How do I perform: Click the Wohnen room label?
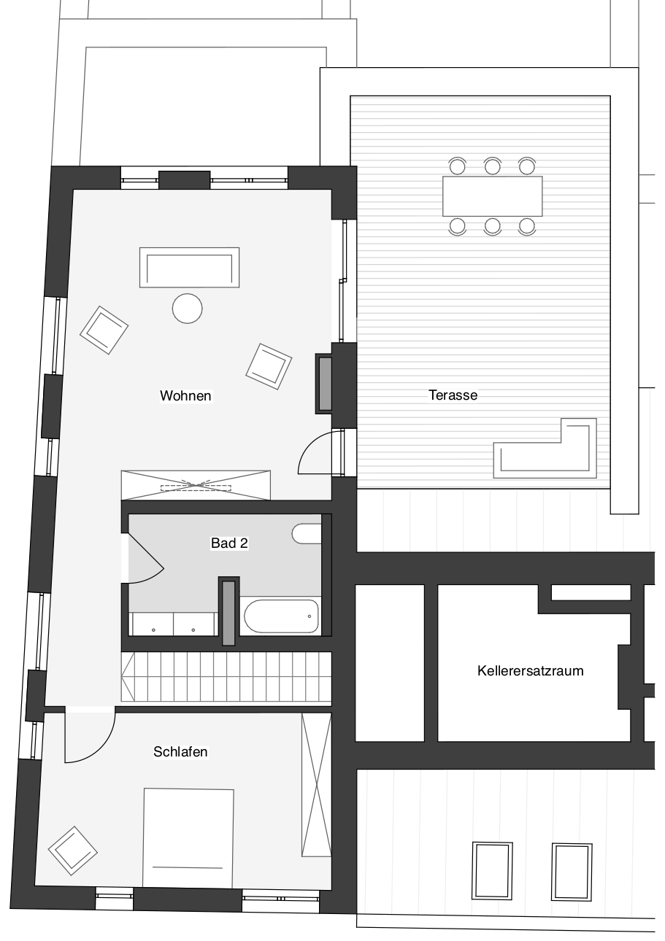185,395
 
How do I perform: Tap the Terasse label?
453,395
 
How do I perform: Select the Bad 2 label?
229,543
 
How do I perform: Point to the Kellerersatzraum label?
530,670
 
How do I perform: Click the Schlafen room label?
180,751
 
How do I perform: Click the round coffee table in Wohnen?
187,309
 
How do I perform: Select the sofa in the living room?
189,268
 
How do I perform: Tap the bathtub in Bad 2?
281,616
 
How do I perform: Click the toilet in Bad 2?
307,533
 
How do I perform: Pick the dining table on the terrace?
492,196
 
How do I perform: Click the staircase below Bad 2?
226,677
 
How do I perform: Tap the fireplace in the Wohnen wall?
325,384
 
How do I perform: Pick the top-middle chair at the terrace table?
492,166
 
